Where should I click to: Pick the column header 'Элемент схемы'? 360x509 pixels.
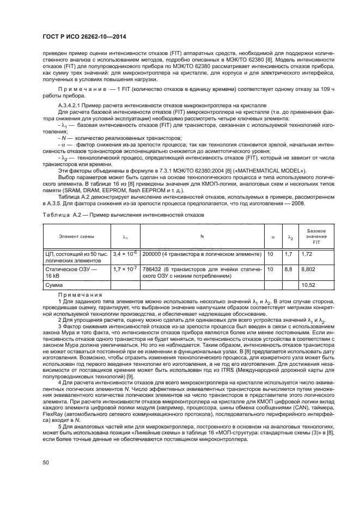(77, 236)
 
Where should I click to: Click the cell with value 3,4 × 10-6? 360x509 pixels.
(125, 254)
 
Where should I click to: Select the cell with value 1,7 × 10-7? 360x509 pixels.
(125, 269)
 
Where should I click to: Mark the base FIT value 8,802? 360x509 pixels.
(309, 269)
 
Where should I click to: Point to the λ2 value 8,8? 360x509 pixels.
(289, 269)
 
